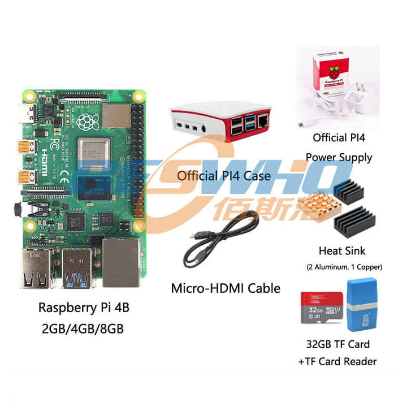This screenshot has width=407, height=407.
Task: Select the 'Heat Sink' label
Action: click(x=342, y=250)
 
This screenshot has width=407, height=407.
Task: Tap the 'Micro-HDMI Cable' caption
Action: click(x=226, y=288)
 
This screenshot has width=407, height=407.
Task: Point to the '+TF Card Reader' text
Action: click(x=339, y=361)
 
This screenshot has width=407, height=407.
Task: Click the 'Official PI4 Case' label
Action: click(x=223, y=176)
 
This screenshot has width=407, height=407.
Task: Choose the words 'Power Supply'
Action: click(x=339, y=157)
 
